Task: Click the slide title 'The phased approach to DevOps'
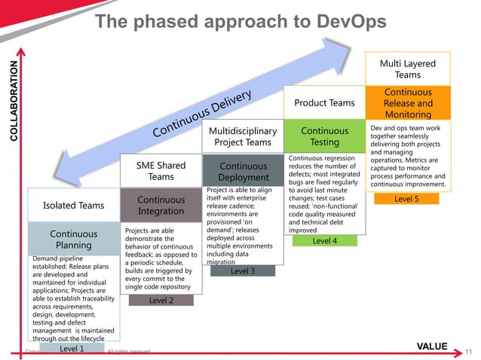click(240, 22)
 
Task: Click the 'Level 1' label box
click(72, 348)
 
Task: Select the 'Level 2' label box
click(161, 301)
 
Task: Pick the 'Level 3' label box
click(242, 270)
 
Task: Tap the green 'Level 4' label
click(324, 241)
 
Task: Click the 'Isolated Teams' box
click(73, 205)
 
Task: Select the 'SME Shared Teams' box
click(161, 171)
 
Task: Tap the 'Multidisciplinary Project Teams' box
click(243, 136)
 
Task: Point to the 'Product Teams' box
click(324, 102)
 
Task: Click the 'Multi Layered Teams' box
click(407, 69)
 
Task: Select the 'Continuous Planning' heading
click(73, 239)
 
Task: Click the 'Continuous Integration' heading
click(161, 206)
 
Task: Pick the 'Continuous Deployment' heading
click(243, 171)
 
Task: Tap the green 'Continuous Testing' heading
click(324, 136)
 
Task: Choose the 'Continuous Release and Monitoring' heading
click(407, 103)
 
